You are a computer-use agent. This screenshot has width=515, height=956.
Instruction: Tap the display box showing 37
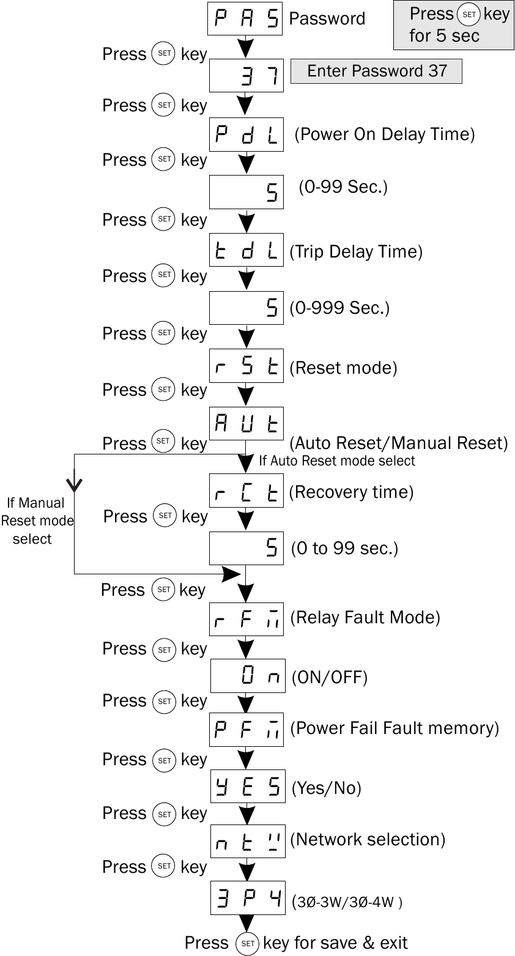point(246,75)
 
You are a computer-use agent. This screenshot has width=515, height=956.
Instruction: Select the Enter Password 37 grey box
point(376,71)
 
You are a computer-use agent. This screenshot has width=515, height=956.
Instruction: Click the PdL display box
point(246,134)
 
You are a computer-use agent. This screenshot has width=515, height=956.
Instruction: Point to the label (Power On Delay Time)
point(385,134)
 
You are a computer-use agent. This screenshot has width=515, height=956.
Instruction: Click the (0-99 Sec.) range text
point(343,187)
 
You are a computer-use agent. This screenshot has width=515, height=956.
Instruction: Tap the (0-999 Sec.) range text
point(339,308)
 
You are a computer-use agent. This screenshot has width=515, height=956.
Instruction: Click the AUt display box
point(246,423)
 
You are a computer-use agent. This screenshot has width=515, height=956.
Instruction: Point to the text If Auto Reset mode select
point(337,461)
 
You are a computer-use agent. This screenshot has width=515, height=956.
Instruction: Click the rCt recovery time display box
point(246,491)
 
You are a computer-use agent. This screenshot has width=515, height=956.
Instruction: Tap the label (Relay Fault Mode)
point(365,617)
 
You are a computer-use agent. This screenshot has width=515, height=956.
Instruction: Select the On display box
point(248,675)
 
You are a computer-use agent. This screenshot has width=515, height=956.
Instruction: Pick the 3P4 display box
point(248,898)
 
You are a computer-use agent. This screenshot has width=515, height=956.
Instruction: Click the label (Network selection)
point(368,839)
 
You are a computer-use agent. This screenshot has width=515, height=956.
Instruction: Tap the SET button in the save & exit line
point(248,944)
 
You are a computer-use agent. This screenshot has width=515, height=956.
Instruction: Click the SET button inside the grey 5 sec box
point(469,15)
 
